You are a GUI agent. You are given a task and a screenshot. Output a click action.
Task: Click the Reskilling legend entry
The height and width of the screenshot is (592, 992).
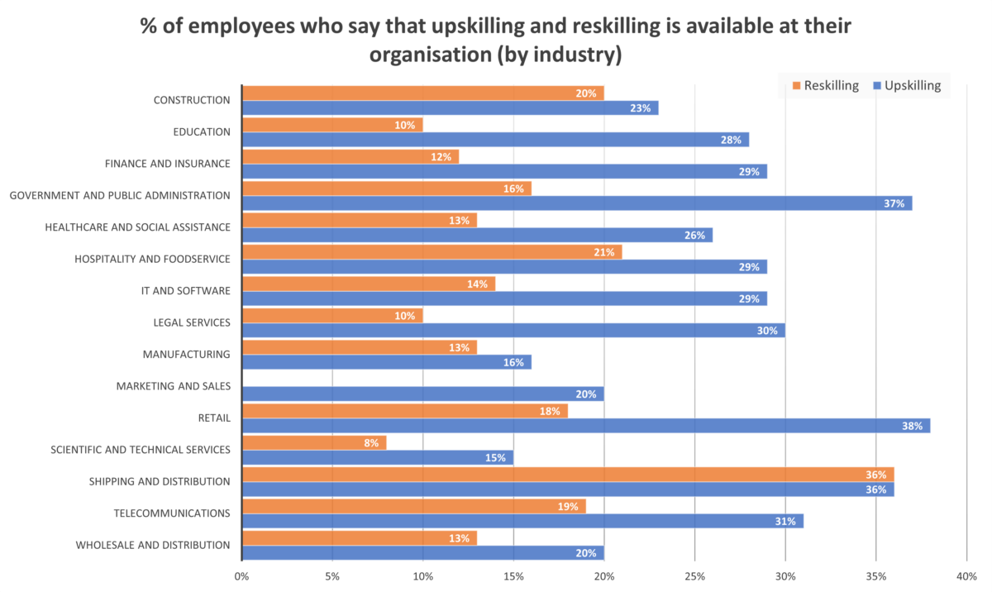[x=827, y=85]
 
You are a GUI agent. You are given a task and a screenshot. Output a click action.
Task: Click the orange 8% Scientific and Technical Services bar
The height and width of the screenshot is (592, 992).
[x=313, y=442]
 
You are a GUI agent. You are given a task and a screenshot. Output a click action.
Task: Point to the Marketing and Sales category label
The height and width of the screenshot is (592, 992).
[x=173, y=386]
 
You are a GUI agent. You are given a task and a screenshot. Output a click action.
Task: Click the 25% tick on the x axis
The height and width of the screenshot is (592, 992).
[x=694, y=575]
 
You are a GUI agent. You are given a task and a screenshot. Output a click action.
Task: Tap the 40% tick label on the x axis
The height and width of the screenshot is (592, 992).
[x=966, y=575]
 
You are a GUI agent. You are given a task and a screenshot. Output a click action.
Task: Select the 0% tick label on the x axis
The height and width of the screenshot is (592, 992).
[x=241, y=575]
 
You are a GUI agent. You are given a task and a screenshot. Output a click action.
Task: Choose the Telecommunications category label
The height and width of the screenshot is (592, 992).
[x=171, y=513]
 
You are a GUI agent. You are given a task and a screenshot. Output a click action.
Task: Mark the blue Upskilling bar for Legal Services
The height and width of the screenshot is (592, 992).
[x=513, y=331]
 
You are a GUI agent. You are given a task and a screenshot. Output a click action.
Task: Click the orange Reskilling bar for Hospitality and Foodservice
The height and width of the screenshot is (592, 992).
[x=431, y=252]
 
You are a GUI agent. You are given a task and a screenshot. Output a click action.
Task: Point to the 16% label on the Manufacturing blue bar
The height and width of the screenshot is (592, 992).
[x=514, y=362]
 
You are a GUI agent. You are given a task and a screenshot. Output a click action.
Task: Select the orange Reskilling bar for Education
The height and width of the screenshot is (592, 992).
[x=331, y=125]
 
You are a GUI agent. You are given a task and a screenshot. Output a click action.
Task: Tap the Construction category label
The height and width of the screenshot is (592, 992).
[x=191, y=100]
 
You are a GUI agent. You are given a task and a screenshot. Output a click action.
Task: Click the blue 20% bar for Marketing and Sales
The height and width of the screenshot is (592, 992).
[x=422, y=394]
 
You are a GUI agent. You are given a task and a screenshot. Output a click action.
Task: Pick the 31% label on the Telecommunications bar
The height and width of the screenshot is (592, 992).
[x=785, y=522]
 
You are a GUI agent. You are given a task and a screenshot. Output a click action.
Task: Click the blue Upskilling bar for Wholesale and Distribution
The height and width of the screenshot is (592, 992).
[x=422, y=553]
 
